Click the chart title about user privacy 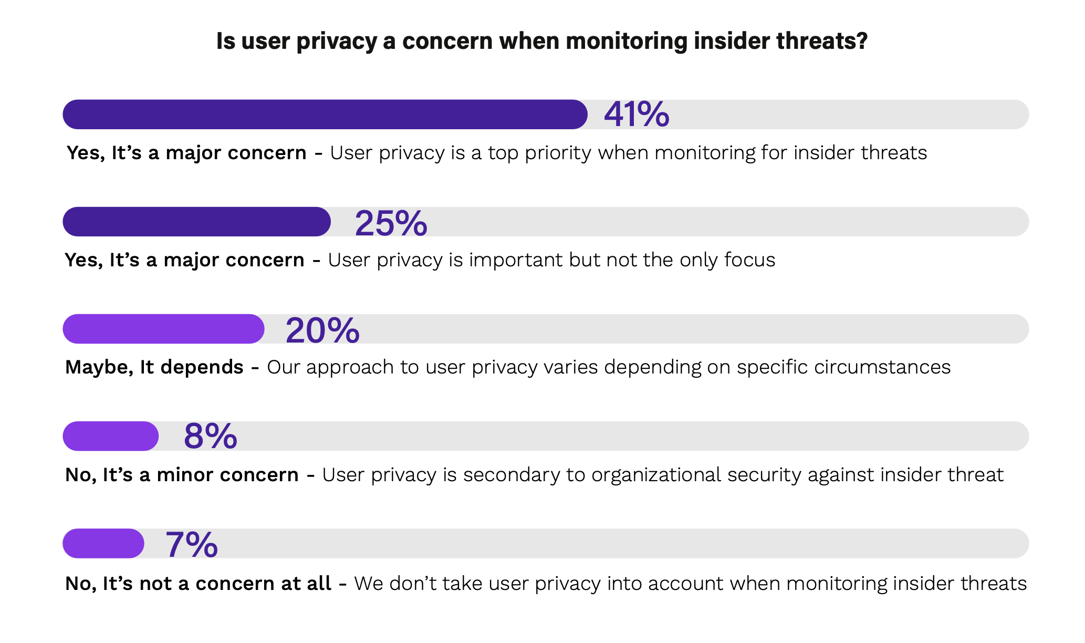(541, 41)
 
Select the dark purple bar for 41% (325, 115)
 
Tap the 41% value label (637, 114)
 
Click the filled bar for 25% (196, 222)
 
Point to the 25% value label (391, 223)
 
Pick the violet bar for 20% (163, 329)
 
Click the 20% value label (322, 330)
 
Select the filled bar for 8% (110, 436)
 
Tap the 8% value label (210, 436)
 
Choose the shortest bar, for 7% (103, 543)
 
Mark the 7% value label (191, 544)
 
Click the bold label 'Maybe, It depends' (154, 367)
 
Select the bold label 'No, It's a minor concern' (182, 475)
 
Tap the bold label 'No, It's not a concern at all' (198, 584)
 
